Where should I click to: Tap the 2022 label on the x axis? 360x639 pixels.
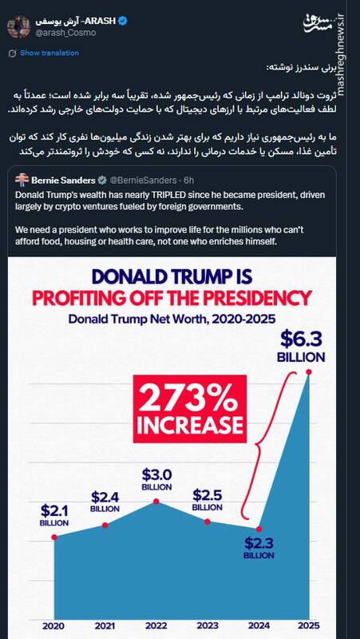156,626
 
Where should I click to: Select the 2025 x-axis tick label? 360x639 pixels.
309,626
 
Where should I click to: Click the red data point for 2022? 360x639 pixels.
156,501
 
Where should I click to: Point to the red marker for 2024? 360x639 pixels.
259,529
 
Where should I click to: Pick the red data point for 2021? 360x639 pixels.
105,524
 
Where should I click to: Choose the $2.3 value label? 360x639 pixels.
259,544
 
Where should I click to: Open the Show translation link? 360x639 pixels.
49,53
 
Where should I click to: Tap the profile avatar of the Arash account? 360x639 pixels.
18,26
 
